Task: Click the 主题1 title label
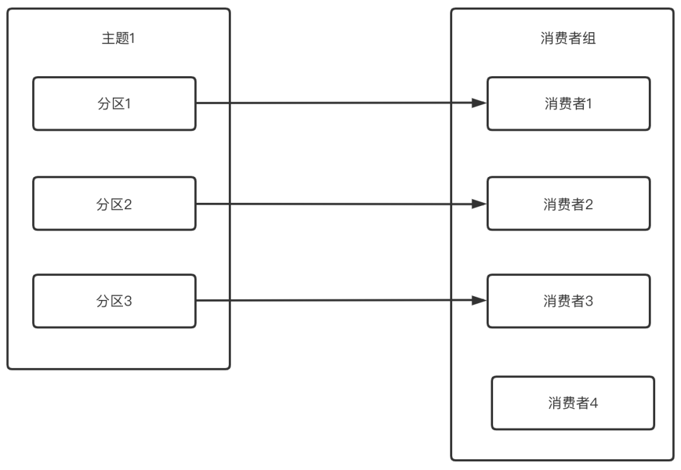click(119, 38)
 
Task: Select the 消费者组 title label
click(568, 38)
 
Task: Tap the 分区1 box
click(114, 104)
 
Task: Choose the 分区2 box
click(114, 203)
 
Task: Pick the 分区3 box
click(114, 301)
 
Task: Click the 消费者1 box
click(568, 104)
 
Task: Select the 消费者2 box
click(568, 203)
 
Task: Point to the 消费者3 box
click(568, 301)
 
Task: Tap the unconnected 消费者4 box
click(573, 403)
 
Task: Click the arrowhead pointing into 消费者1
click(479, 103)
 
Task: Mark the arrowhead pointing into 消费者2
click(479, 203)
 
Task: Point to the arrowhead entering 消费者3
click(479, 301)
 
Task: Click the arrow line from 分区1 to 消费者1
click(334, 103)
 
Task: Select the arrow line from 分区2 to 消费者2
click(334, 203)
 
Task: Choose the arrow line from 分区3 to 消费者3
click(334, 301)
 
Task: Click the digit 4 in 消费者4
click(593, 403)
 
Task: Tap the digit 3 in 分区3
click(128, 301)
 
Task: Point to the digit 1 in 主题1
click(132, 38)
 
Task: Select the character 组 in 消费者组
click(590, 38)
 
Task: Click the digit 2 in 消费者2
click(589, 203)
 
